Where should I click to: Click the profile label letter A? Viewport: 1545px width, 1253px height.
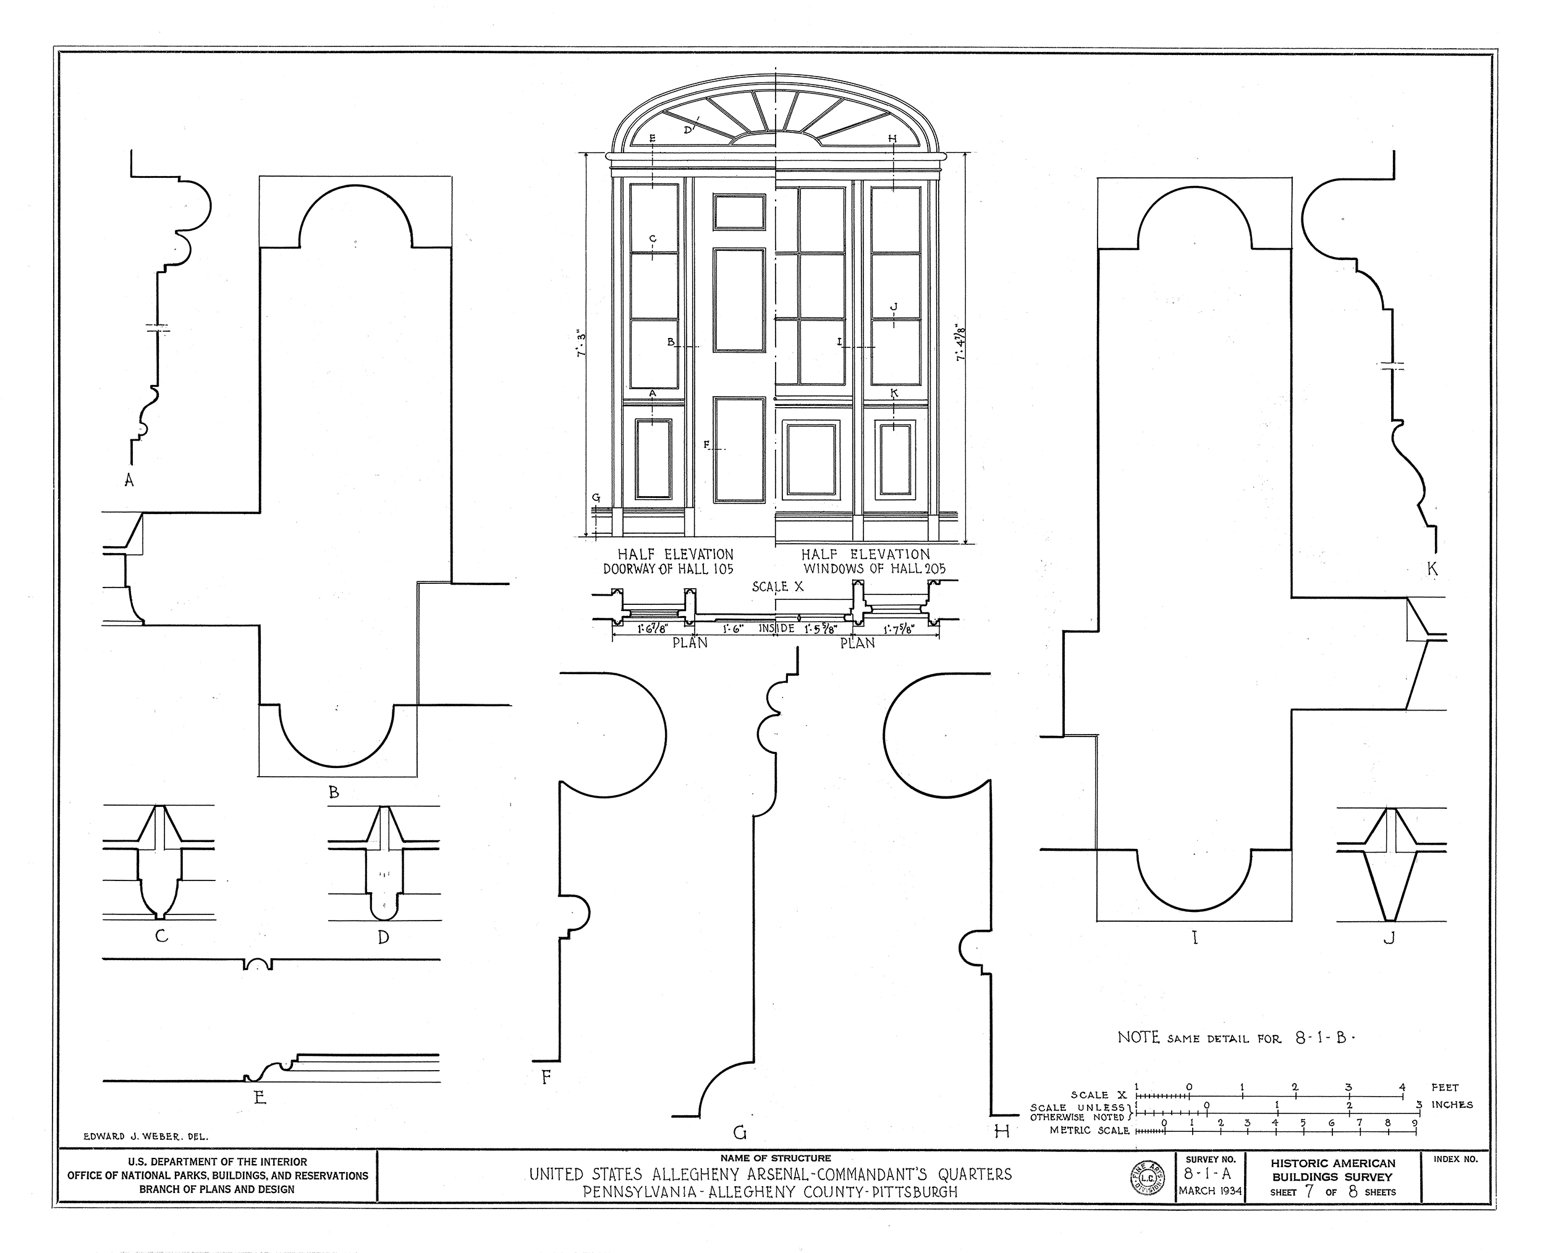coord(129,480)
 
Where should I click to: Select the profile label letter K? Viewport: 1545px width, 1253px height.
coord(1433,570)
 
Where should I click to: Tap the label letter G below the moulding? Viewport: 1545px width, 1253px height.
coord(739,1133)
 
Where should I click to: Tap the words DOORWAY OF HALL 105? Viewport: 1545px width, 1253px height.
coord(668,569)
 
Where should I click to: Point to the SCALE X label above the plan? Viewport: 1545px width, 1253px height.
coord(777,587)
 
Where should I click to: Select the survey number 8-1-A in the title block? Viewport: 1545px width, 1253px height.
coord(1210,1175)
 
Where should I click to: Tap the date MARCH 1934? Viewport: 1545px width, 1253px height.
coord(1210,1191)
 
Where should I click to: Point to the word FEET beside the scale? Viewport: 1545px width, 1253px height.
coord(1445,1087)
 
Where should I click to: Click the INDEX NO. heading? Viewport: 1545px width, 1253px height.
coord(1454,1160)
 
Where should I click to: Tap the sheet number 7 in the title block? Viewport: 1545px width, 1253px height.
coord(1308,1192)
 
